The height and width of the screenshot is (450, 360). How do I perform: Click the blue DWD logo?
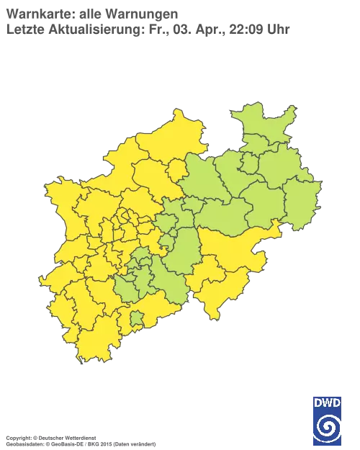[x=328, y=420]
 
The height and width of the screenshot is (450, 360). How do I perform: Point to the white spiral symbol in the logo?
[x=328, y=428]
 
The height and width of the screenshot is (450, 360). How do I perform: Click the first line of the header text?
[x=94, y=12]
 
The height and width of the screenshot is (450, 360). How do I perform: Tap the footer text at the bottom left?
[x=79, y=437]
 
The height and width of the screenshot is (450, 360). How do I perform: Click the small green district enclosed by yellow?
[x=135, y=318]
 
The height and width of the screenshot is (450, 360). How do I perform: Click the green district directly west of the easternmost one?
[x=270, y=205]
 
